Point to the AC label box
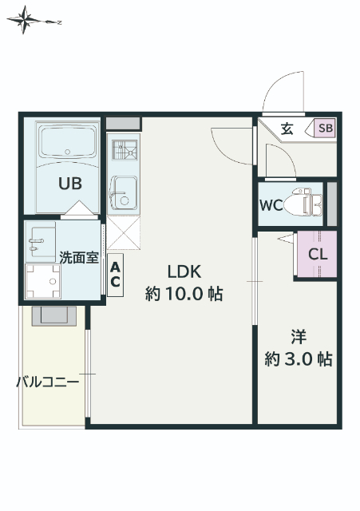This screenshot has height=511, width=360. tap(116, 275)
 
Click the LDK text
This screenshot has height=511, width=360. tap(184, 270)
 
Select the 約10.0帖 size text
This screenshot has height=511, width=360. tap(184, 293)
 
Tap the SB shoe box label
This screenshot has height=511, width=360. tap(326, 128)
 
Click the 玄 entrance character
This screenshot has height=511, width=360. tap(287, 128)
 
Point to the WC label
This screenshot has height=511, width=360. tap(270, 204)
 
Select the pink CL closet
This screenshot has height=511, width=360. tap(317, 255)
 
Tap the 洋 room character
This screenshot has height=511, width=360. tap(299, 335)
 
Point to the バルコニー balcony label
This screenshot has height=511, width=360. tap(48, 382)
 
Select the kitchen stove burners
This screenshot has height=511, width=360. tap(124, 150)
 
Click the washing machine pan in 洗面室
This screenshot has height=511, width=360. tap(42, 281)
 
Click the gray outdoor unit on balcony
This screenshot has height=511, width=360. tap(54, 315)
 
